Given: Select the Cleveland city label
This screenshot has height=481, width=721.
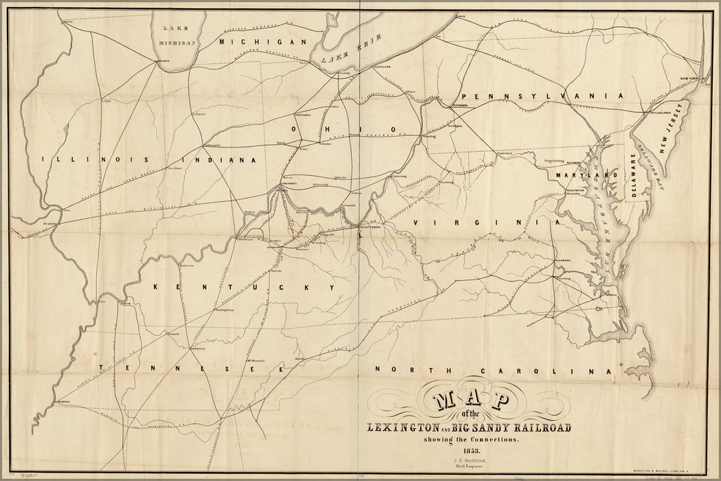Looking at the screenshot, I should tap(382, 67).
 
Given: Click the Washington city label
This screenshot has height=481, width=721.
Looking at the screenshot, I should tap(575, 189).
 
